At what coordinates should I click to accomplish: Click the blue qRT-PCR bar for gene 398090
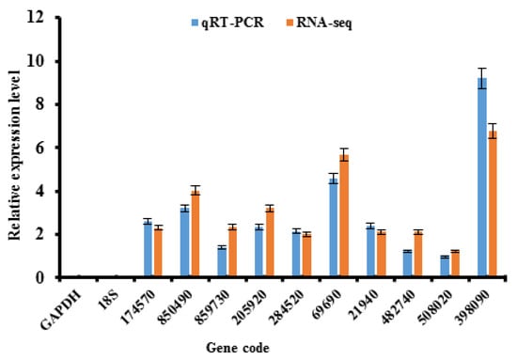(x=482, y=177)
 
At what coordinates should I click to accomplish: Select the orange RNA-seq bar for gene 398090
(x=493, y=203)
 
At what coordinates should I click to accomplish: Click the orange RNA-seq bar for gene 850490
(x=196, y=233)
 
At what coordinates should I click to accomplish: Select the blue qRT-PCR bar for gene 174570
(x=148, y=248)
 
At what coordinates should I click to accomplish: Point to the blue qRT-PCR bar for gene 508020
(x=445, y=266)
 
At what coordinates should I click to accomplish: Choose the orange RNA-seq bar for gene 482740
(x=418, y=254)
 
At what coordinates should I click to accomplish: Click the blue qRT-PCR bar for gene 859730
(x=222, y=261)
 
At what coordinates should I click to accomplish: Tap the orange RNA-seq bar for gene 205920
(x=270, y=242)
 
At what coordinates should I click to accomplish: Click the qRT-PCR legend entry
(x=227, y=23)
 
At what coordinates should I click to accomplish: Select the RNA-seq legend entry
(x=320, y=23)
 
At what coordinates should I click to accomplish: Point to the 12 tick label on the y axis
(x=35, y=18)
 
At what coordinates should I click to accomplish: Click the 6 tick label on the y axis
(x=39, y=148)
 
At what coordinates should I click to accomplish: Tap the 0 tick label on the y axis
(x=39, y=277)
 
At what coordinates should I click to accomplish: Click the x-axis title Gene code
(x=238, y=348)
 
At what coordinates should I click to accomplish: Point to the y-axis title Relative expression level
(x=14, y=155)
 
